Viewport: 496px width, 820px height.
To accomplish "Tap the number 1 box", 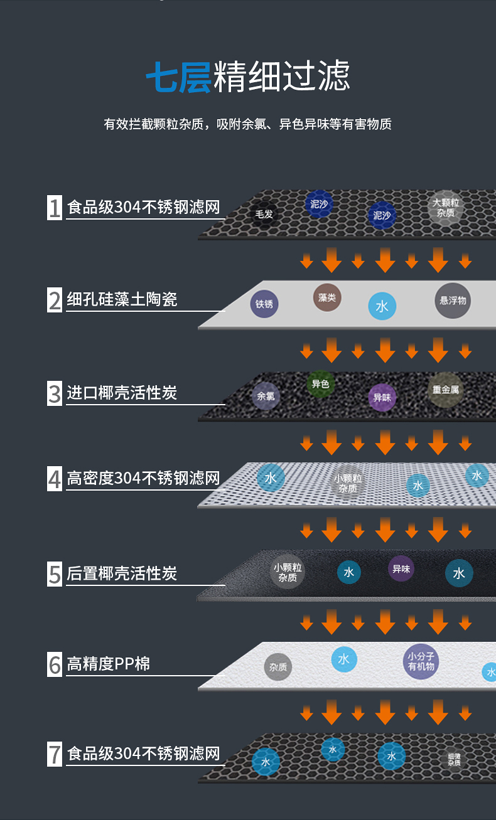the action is (x=55, y=208).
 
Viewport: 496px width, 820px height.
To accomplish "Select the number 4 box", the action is (x=55, y=479).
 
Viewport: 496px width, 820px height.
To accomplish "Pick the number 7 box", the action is (x=55, y=753).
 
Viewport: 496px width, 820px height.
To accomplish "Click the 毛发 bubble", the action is (x=264, y=214).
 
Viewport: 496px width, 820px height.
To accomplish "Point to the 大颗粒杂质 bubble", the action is (x=446, y=208).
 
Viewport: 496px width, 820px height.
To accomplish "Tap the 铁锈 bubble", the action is (x=264, y=304).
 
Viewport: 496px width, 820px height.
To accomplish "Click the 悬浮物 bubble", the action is (x=453, y=301).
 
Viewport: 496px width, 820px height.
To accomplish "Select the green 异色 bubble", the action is (x=321, y=384).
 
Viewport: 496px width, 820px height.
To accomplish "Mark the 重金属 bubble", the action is (x=445, y=390).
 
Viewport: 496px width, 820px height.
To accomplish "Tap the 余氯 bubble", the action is (x=265, y=396).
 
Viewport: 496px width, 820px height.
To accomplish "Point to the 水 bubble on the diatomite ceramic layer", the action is (x=382, y=306).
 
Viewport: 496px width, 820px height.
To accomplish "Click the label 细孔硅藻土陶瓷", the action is (x=122, y=300).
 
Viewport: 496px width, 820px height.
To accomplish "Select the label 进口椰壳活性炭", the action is (x=122, y=393).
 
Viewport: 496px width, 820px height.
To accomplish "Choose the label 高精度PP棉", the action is (x=109, y=664).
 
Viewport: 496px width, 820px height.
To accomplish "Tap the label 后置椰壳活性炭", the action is (x=122, y=573).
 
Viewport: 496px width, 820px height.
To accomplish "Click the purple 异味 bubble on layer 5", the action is (x=401, y=569).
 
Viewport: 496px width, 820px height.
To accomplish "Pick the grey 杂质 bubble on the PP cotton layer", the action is (x=278, y=667).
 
